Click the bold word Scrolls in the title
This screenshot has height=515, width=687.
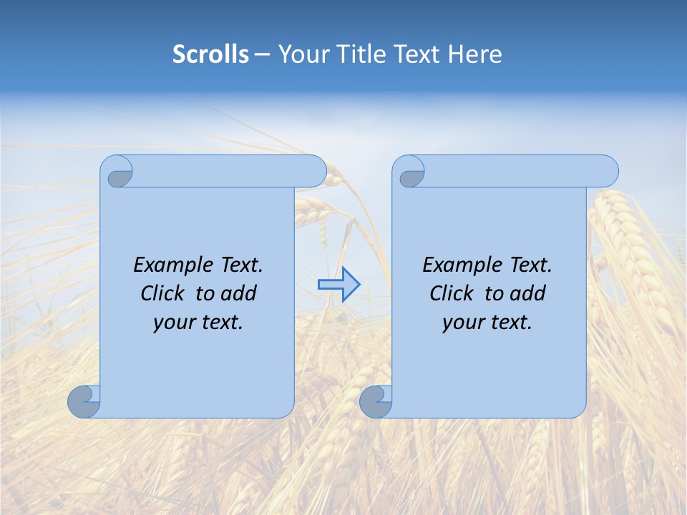(210, 54)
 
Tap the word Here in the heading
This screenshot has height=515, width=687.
(475, 54)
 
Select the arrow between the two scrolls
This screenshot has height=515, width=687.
(338, 285)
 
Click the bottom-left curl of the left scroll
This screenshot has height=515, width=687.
(84, 401)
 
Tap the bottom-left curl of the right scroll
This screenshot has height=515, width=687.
(376, 401)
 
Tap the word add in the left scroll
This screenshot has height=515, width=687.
(239, 293)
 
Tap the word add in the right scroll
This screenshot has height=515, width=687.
(528, 293)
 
